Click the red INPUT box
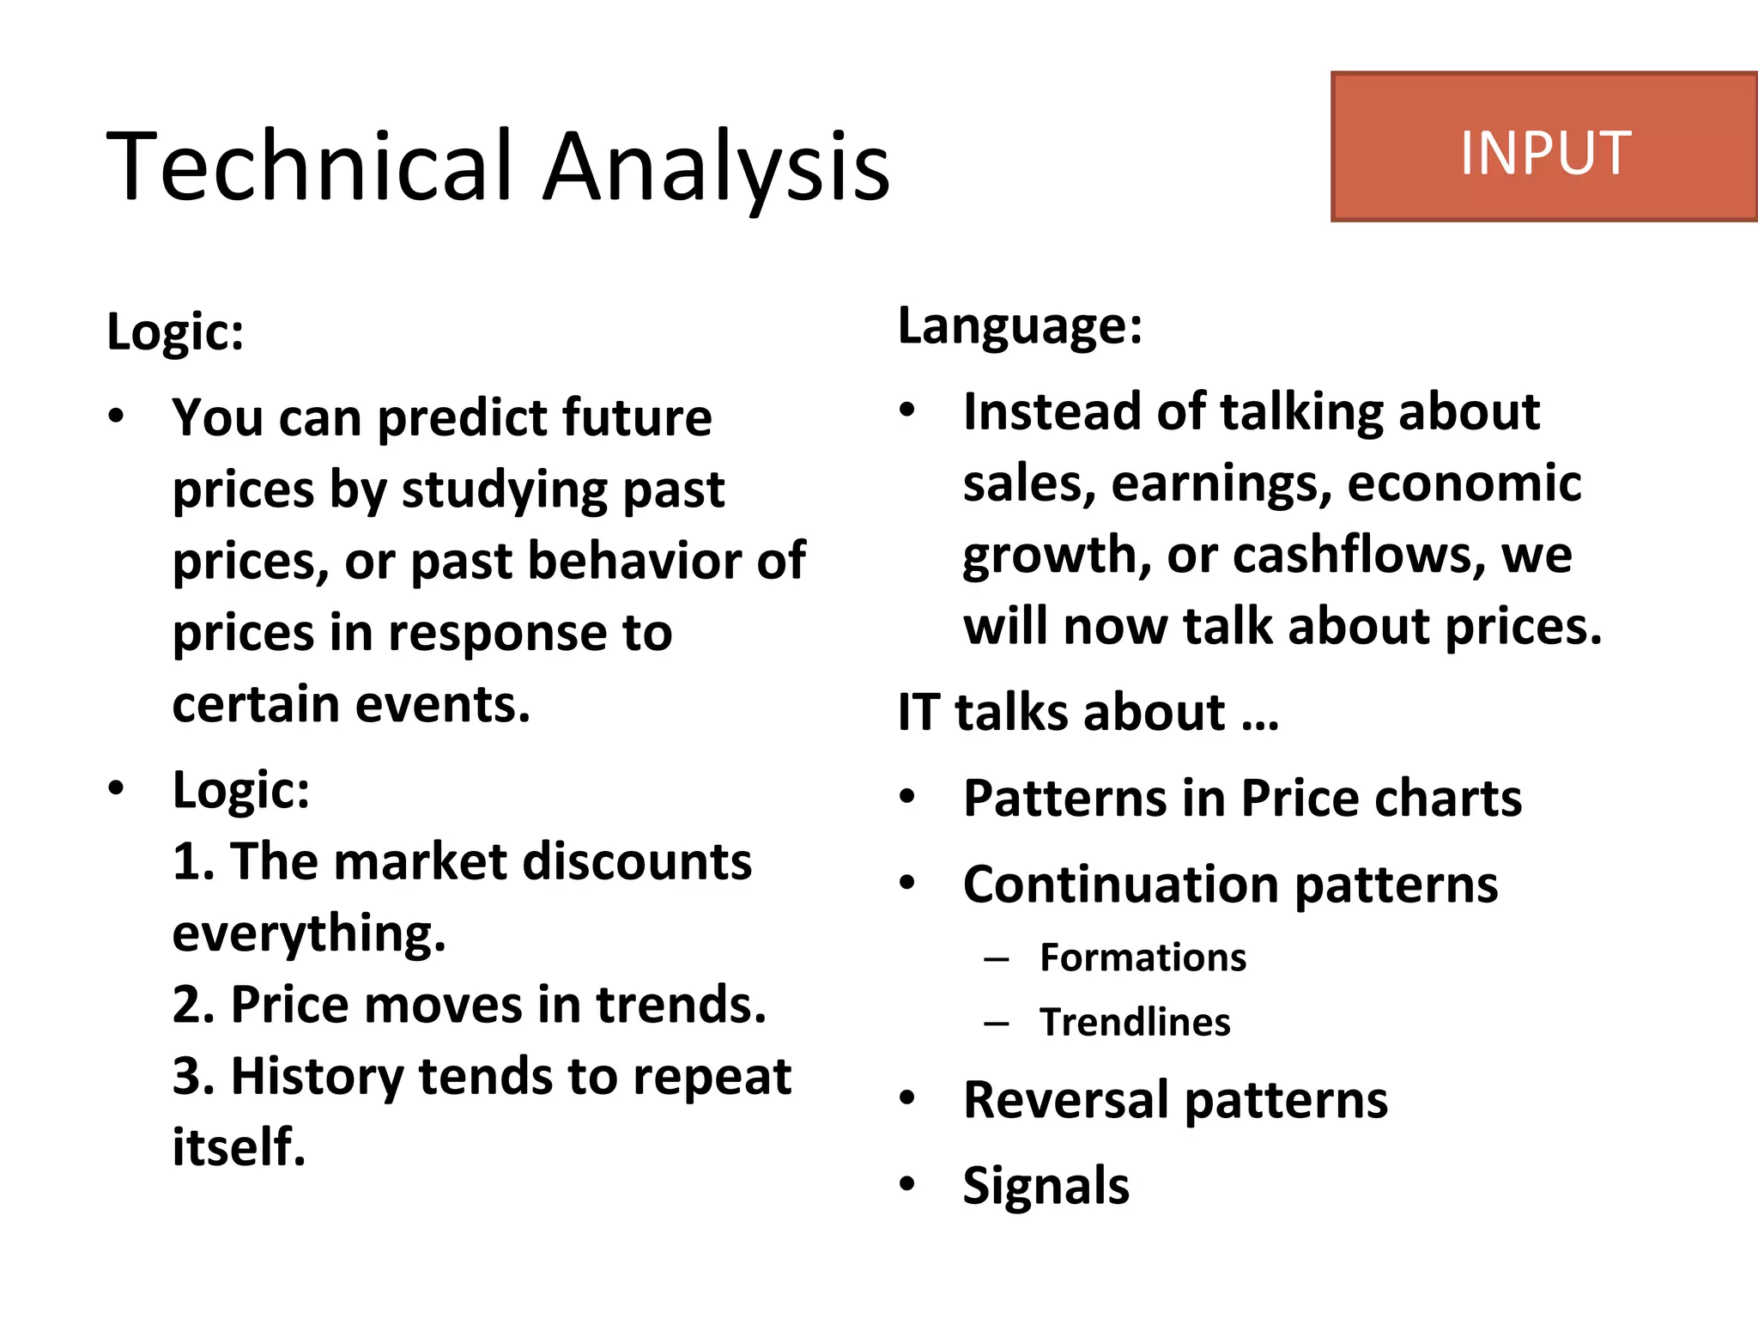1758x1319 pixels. pyautogui.click(x=1543, y=148)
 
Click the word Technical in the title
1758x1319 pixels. pyautogui.click(x=309, y=165)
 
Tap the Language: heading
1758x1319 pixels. pyautogui.click(x=1020, y=326)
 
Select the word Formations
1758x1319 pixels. pyautogui.click(x=1143, y=957)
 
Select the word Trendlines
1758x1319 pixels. pyautogui.click(x=1135, y=1022)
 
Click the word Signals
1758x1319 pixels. pyautogui.click(x=1046, y=1186)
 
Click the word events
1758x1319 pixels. pyautogui.click(x=442, y=704)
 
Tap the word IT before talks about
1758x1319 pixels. pyautogui.click(x=918, y=713)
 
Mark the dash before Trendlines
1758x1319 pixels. pyautogui.click(x=996, y=1023)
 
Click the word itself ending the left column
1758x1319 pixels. pyautogui.click(x=239, y=1147)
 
